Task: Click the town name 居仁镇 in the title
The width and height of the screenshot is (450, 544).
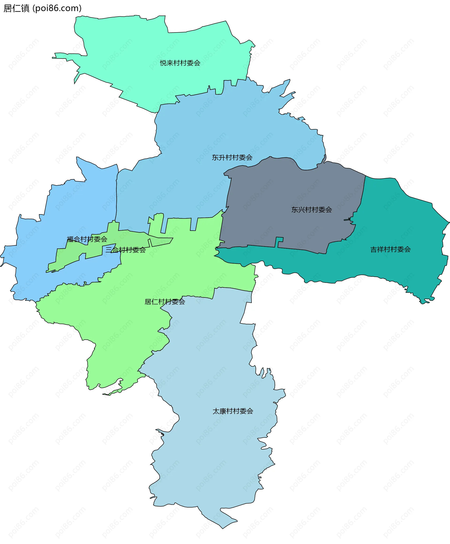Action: click(x=17, y=9)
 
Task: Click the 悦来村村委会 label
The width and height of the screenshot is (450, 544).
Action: click(x=180, y=63)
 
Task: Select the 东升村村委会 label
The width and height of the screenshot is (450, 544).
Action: click(x=232, y=158)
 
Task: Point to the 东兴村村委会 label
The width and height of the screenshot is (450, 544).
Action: click(x=311, y=210)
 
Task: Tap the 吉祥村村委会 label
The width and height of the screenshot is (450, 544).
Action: click(x=390, y=249)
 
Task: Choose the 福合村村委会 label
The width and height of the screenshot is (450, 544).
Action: click(x=87, y=239)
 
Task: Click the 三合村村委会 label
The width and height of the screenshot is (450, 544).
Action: click(x=125, y=250)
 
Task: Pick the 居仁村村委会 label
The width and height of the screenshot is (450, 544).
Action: click(x=165, y=302)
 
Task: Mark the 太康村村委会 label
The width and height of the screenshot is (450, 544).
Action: click(x=233, y=411)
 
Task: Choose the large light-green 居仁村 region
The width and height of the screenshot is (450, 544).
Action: click(x=117, y=324)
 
